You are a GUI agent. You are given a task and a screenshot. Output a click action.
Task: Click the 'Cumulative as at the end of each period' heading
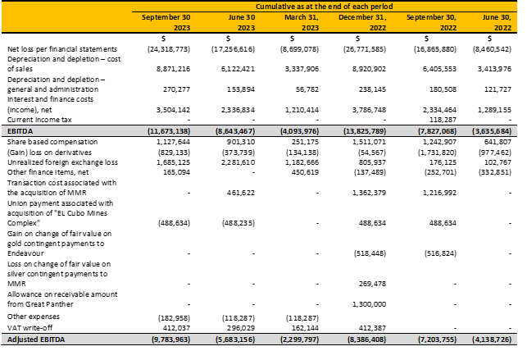pos(324,7)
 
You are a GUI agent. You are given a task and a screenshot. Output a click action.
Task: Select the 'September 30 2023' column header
pos(166,22)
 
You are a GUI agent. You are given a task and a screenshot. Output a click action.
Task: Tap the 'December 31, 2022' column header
pos(362,22)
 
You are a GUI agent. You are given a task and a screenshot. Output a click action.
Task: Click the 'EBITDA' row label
pos(20,131)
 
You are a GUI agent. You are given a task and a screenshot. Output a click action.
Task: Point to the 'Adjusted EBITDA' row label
pos(36,339)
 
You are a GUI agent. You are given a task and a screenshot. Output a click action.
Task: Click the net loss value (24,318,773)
pos(169,49)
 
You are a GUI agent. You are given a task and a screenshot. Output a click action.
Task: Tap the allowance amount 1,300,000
pos(369,304)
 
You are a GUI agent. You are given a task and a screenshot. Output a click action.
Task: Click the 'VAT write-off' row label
pos(30,328)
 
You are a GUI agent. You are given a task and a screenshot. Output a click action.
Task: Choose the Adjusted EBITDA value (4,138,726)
pos(492,339)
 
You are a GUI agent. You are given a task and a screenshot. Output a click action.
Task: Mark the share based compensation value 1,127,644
pos(173,142)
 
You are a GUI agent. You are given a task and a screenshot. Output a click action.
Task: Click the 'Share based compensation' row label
pos(52,142)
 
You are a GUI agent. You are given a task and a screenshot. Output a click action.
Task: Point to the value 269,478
pos(372,284)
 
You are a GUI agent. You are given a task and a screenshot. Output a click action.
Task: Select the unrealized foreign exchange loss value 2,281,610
pos(238,162)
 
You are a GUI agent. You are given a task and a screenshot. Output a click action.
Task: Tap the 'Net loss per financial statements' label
pos(62,49)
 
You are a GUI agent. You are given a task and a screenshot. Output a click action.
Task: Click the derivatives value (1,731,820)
pos(438,153)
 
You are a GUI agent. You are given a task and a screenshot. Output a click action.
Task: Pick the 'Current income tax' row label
pos(39,120)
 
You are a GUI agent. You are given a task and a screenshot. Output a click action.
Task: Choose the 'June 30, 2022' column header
pos(497,22)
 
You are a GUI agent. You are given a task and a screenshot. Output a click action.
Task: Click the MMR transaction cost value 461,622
pos(241,193)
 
